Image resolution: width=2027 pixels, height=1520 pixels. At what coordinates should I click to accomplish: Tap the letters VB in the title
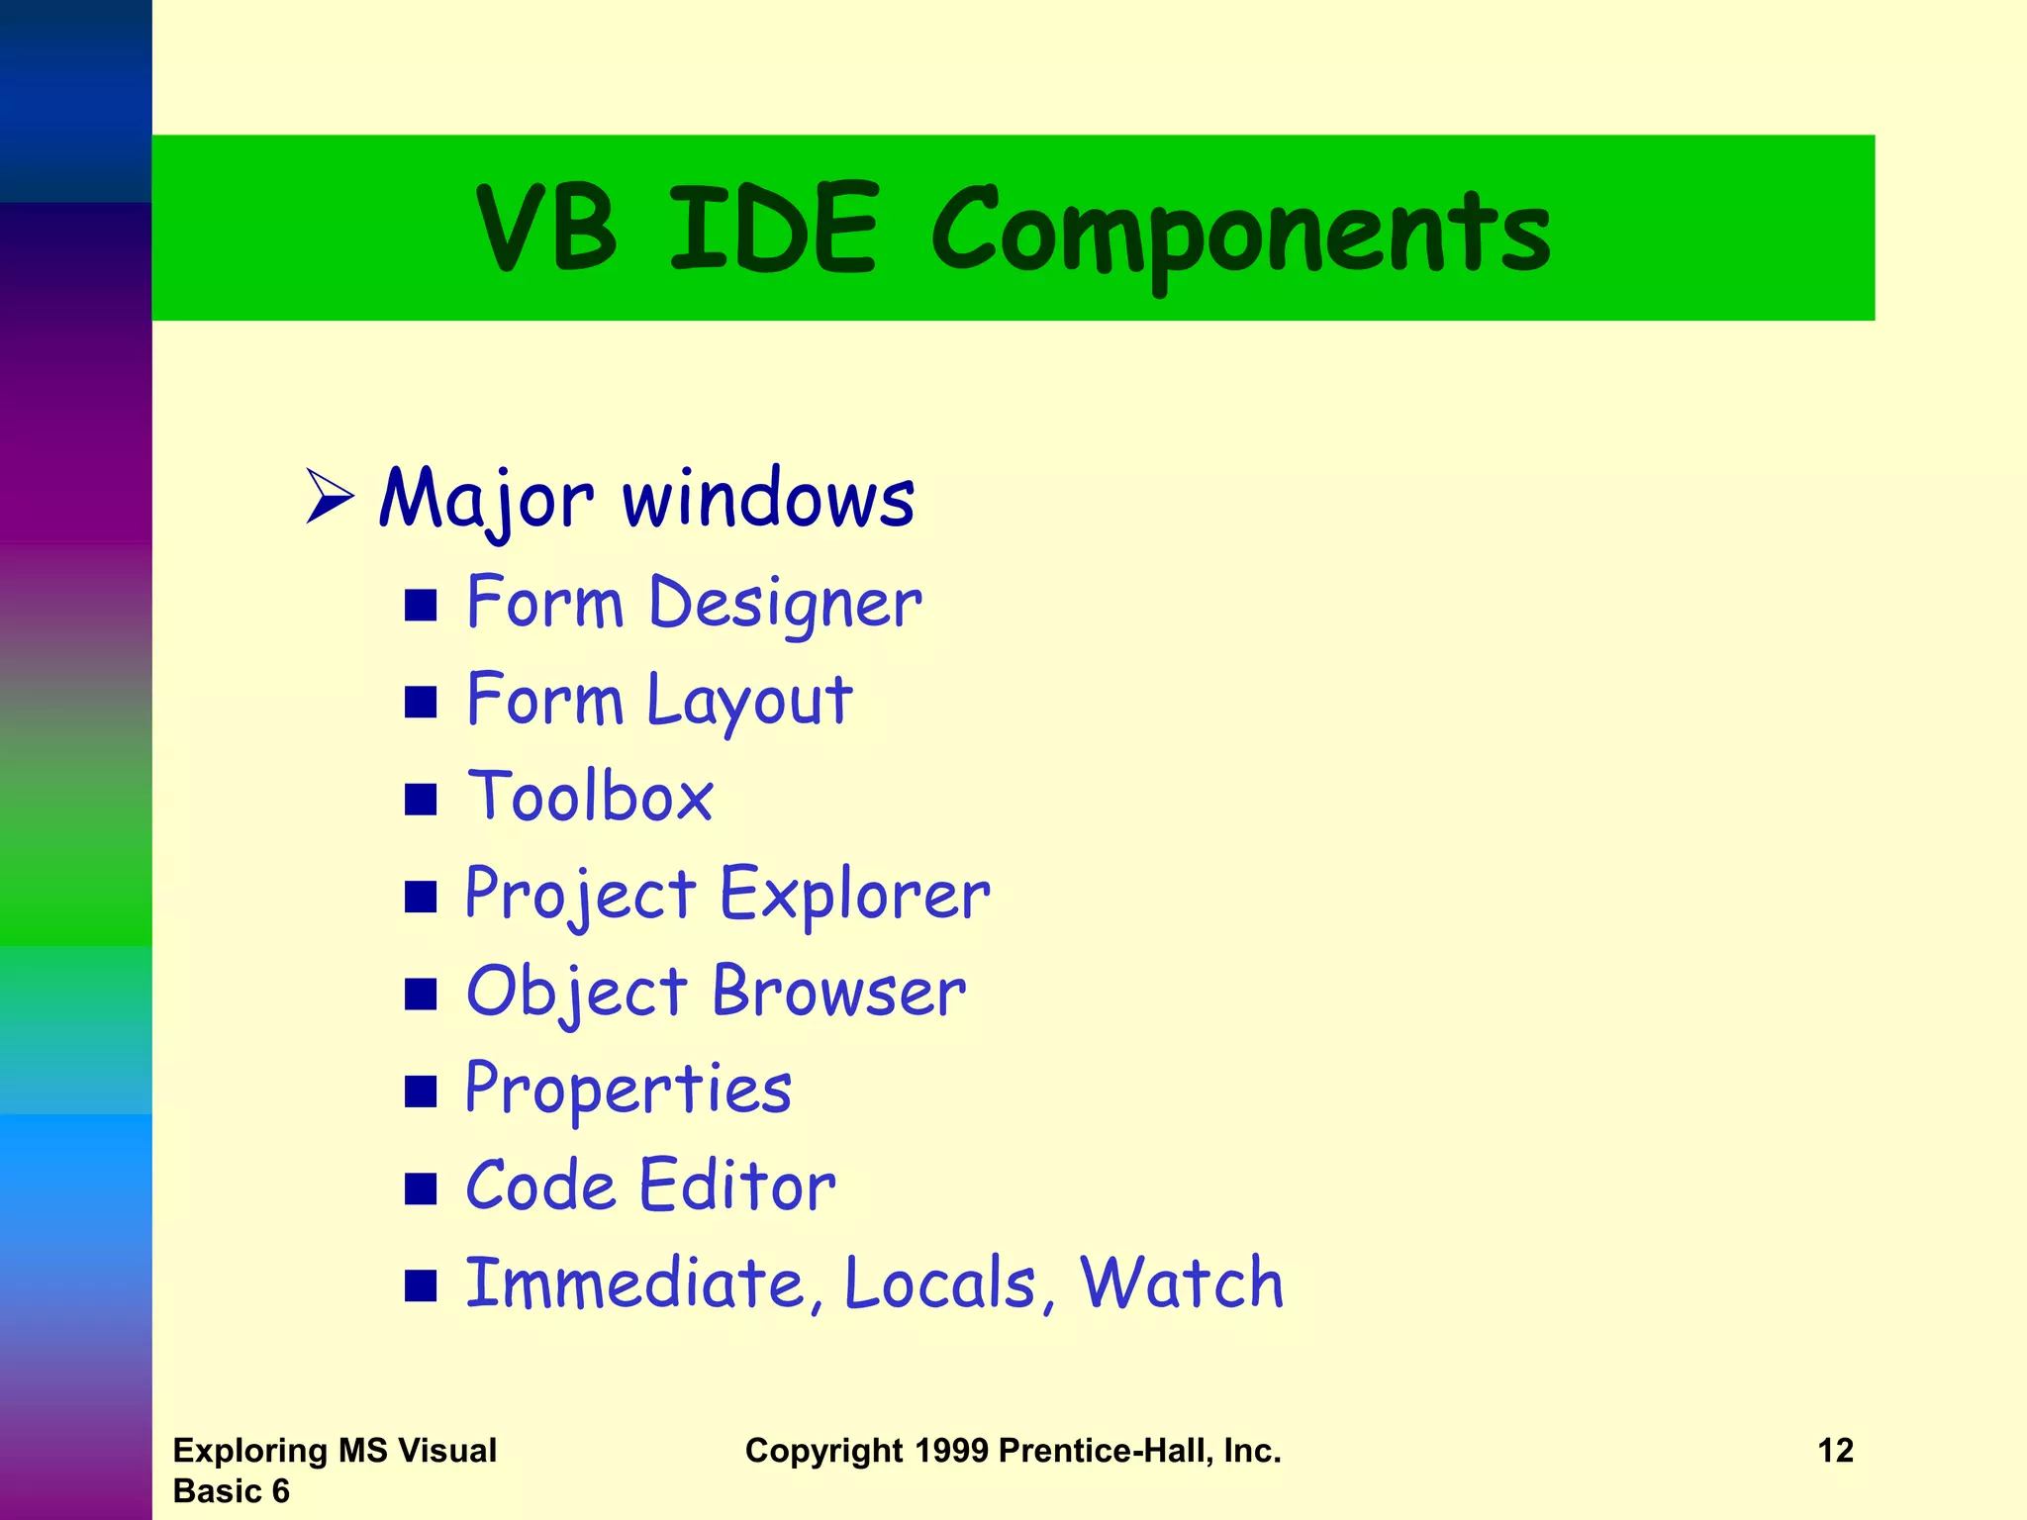coord(546,228)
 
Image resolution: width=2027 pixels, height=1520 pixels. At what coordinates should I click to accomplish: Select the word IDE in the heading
coord(773,228)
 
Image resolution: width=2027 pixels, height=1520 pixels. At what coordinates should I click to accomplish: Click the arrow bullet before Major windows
coord(330,496)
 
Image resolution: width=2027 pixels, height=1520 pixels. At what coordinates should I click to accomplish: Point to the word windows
coord(768,498)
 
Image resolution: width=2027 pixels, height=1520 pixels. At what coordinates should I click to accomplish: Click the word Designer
coord(785,603)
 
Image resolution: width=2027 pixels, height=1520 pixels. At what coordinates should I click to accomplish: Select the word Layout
coord(749,700)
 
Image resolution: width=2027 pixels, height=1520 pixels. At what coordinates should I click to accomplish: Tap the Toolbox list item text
coord(590,796)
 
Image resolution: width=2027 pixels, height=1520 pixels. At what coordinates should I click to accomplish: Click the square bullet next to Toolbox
coord(421,799)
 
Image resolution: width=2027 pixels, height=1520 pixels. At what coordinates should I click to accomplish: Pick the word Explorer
coord(854,894)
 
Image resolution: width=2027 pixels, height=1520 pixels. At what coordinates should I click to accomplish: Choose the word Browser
coord(838,991)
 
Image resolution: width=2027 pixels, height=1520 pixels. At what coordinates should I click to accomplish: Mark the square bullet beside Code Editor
coord(421,1188)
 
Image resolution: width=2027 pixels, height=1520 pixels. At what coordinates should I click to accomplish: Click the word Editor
coord(737,1186)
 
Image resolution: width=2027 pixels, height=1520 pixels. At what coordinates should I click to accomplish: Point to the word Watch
coord(1181,1282)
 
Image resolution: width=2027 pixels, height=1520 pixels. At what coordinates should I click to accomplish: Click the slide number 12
coord(1835,1451)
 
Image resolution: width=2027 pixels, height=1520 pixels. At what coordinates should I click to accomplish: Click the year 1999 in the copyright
coord(951,1451)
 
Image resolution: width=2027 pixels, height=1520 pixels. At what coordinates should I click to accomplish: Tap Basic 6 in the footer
coord(231,1491)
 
